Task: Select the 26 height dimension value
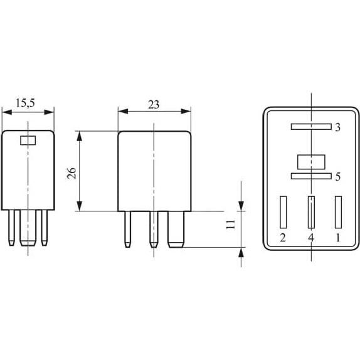coord(72,172)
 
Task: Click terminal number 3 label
coord(337,127)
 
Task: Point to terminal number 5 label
coord(337,177)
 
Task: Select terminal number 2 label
coord(283,238)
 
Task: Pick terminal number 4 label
coord(310,238)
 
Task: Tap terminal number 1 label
coord(338,238)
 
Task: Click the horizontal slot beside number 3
coord(310,127)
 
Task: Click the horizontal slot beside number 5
coord(310,177)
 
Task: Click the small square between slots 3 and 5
coord(310,162)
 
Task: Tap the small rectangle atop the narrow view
coord(28,140)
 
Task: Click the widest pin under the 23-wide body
coord(176,228)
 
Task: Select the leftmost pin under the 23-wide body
coord(127,228)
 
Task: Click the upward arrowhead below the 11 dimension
coord(241,253)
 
